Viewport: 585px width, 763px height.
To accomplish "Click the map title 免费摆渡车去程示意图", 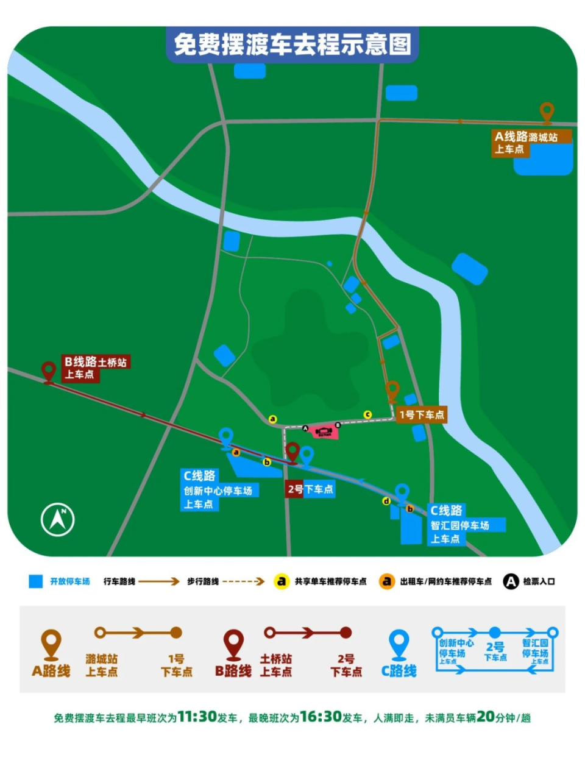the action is (x=292, y=44).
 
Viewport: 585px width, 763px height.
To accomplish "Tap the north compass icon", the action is (x=58, y=520).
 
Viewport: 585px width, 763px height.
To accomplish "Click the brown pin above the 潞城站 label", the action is (x=547, y=113).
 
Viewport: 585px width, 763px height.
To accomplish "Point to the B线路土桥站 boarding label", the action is (x=96, y=367).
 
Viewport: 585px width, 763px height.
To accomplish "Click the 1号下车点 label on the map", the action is (x=421, y=415).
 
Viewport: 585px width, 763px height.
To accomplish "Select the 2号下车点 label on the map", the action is (x=310, y=489).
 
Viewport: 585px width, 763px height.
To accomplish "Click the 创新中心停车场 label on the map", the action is (x=218, y=490).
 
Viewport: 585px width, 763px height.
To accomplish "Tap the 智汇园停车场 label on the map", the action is (x=459, y=525).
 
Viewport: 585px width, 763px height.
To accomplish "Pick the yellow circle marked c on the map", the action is (x=367, y=414).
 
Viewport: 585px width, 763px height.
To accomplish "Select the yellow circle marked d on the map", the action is (x=386, y=501).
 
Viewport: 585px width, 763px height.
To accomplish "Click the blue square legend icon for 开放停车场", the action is (x=35, y=581).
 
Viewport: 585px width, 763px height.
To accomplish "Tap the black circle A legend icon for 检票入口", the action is (x=510, y=581).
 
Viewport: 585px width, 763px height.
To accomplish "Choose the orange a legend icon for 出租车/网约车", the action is (x=386, y=581).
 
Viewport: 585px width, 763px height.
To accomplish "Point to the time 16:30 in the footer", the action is (x=321, y=717).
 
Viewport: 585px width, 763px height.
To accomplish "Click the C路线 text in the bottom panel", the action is (x=399, y=671).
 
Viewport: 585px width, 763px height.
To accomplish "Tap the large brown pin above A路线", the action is (x=51, y=645).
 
